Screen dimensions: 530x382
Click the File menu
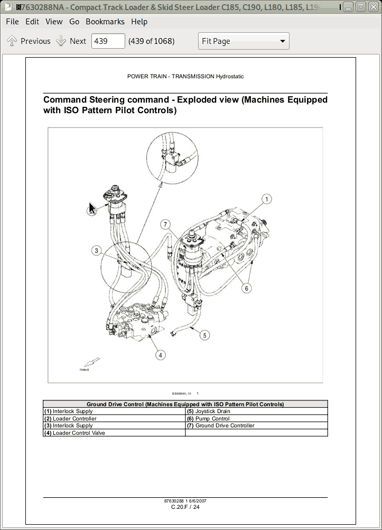(12, 22)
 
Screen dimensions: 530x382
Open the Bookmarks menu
(105, 22)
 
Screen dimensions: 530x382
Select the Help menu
(139, 22)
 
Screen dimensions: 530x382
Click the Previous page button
(29, 41)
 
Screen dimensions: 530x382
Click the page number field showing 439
(108, 41)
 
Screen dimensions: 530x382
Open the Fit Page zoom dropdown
(244, 41)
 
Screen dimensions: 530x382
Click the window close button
(373, 7)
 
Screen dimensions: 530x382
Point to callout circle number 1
(267, 199)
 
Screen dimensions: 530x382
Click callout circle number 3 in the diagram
(96, 250)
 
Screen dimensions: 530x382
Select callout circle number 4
(160, 355)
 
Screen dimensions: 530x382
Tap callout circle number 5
(205, 334)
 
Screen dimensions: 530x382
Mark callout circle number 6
(246, 288)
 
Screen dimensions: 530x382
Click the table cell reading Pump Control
(212, 418)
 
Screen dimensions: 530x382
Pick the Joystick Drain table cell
(212, 411)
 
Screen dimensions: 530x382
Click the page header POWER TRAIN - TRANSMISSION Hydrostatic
(185, 76)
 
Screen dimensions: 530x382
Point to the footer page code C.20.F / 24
(185, 507)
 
